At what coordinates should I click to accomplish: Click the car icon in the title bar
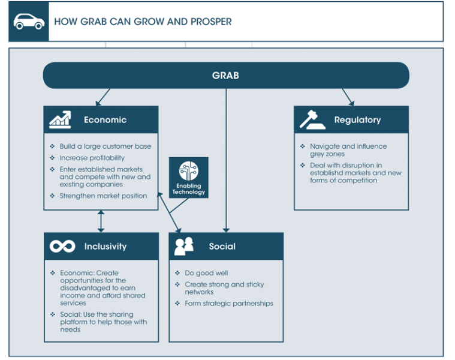(29, 22)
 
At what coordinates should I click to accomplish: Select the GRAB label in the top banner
(225, 76)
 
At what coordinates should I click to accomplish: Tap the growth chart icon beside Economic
(60, 119)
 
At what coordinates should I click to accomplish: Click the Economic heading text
(105, 120)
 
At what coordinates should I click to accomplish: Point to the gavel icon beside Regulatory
(312, 119)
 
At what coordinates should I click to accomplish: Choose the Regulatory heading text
(357, 120)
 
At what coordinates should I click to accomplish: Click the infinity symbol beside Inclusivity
(62, 247)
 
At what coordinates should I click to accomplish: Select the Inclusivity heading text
(106, 247)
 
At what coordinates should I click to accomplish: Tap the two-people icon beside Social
(184, 246)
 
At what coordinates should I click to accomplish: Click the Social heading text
(222, 247)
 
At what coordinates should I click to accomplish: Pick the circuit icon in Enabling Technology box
(189, 171)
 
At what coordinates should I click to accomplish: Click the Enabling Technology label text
(189, 189)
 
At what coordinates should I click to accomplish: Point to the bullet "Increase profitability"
(92, 158)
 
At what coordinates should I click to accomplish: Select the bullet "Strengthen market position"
(103, 196)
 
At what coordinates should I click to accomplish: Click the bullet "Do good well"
(206, 273)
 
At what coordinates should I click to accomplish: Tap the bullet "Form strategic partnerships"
(229, 304)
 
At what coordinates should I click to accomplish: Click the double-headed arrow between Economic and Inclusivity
(101, 221)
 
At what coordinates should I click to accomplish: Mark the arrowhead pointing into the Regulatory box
(351, 103)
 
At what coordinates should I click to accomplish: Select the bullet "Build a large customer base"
(106, 146)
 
